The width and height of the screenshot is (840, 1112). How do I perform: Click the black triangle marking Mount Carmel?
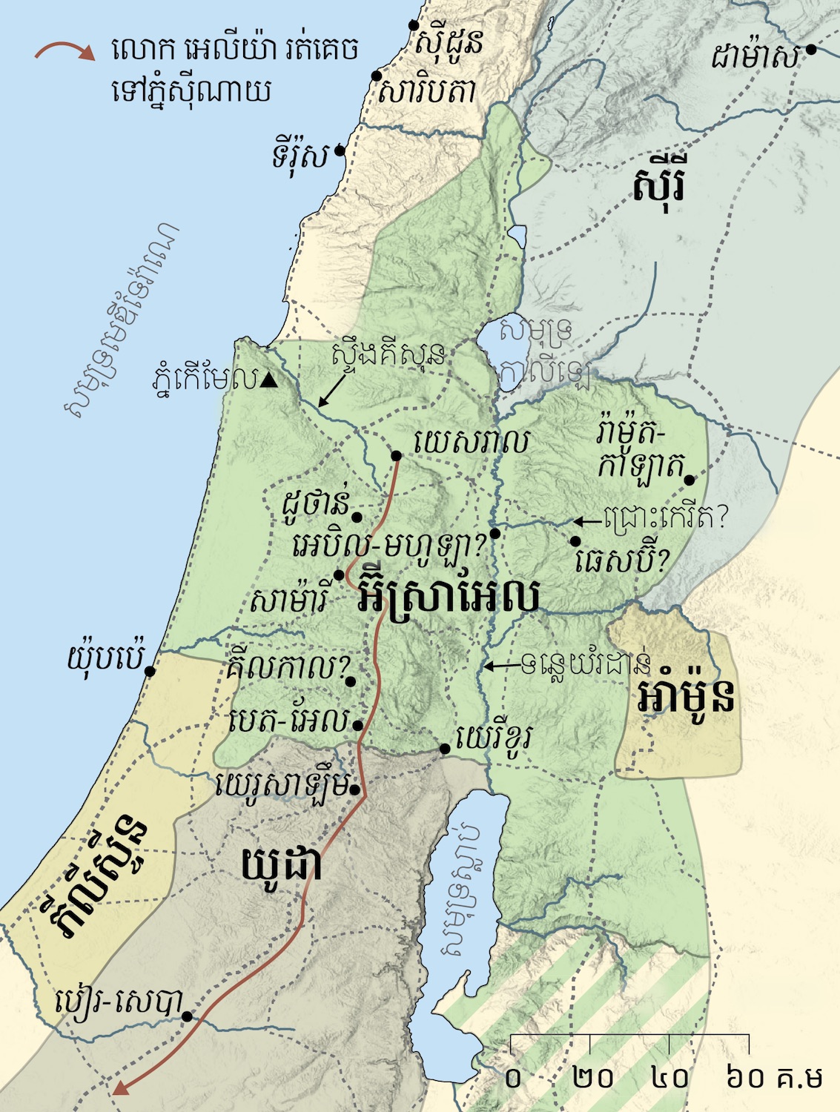269,381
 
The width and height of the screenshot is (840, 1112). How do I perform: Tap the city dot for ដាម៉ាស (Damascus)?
811,50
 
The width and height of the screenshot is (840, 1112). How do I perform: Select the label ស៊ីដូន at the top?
449,43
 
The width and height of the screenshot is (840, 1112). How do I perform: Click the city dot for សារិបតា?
377,76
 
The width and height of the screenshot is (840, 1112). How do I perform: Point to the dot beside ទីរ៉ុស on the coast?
339,150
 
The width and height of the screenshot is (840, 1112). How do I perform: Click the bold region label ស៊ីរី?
658,186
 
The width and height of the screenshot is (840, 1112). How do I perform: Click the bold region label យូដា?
281,864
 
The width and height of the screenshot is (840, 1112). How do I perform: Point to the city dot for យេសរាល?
397,455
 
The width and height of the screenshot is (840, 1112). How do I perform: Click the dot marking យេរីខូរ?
445,749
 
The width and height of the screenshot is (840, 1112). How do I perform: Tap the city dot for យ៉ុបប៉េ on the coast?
150,671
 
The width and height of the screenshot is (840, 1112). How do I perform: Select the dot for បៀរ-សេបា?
188,1016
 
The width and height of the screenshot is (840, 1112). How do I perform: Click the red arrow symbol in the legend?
65,51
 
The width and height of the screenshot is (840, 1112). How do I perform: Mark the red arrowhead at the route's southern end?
119,1088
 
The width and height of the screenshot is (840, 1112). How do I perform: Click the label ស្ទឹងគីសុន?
389,355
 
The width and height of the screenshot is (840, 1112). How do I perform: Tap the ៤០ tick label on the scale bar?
670,1077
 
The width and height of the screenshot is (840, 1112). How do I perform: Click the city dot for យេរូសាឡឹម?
357,790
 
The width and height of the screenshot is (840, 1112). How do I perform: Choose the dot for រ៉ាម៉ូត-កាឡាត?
689,480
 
